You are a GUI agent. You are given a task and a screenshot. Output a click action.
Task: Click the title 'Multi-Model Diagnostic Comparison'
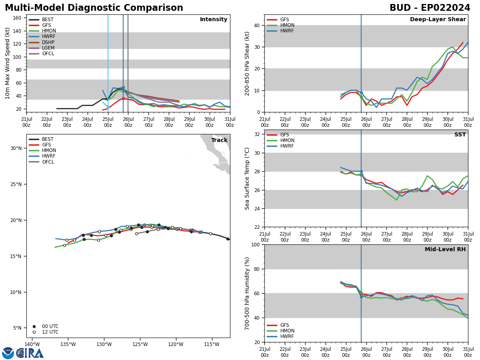94,8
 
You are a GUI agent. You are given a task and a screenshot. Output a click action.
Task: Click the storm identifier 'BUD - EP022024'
430,8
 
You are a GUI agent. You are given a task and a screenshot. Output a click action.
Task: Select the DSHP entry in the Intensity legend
48,42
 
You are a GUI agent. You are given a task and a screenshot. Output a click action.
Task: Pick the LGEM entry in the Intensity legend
48,48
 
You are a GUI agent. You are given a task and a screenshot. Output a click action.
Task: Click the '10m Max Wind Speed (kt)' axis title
8,63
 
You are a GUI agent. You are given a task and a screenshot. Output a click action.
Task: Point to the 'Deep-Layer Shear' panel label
438,20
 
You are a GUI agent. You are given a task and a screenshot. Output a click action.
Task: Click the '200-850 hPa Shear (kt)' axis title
247,63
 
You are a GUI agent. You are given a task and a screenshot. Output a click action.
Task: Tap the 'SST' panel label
460,135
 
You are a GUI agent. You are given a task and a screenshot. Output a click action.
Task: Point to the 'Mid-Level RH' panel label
445,250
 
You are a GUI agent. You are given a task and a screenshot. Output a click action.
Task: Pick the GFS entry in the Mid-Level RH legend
284,325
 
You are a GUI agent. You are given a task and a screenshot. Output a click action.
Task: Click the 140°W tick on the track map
32,344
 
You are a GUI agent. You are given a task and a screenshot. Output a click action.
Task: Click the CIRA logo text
30,353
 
